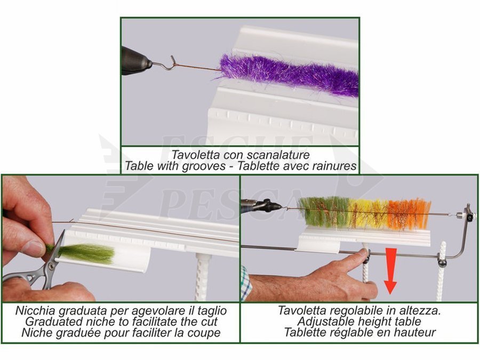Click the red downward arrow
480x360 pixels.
click(x=390, y=271)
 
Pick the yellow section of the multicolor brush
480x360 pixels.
click(x=369, y=214)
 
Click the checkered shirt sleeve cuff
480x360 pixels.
click(x=246, y=283)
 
